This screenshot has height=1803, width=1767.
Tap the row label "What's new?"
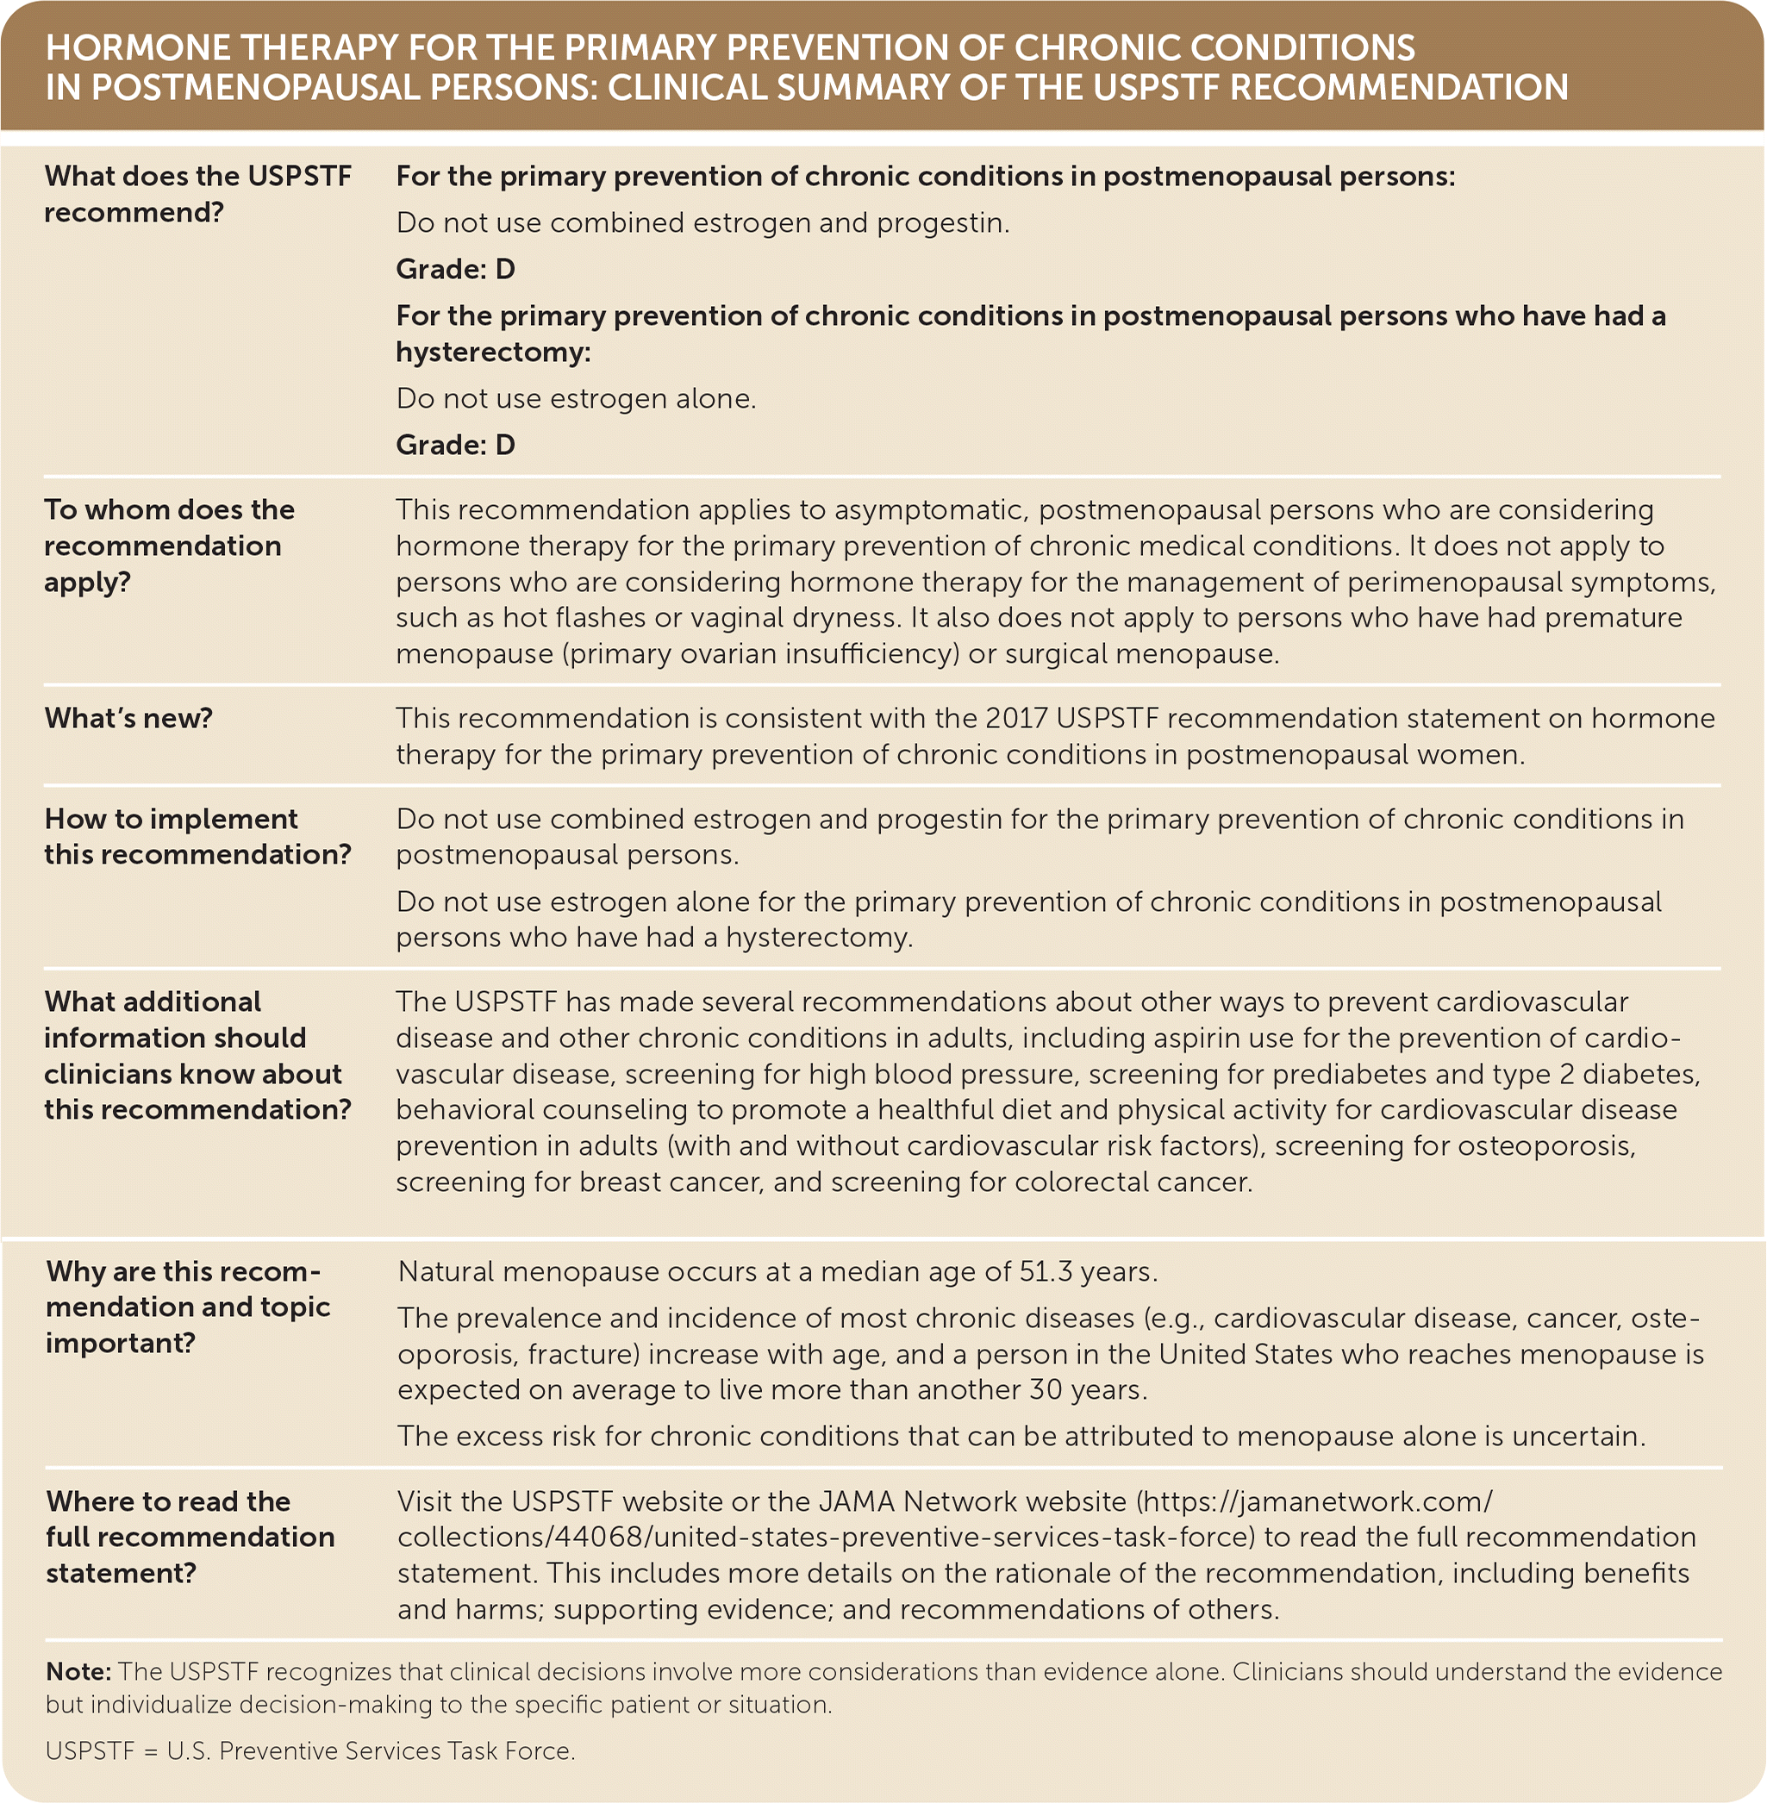(128, 717)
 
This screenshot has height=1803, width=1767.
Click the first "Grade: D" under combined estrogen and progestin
(455, 269)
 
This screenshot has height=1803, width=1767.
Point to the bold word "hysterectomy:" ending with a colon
(493, 352)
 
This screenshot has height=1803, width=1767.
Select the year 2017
(1015, 718)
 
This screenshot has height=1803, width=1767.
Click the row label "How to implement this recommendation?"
(197, 836)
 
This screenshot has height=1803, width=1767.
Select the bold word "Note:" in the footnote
(78, 1672)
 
